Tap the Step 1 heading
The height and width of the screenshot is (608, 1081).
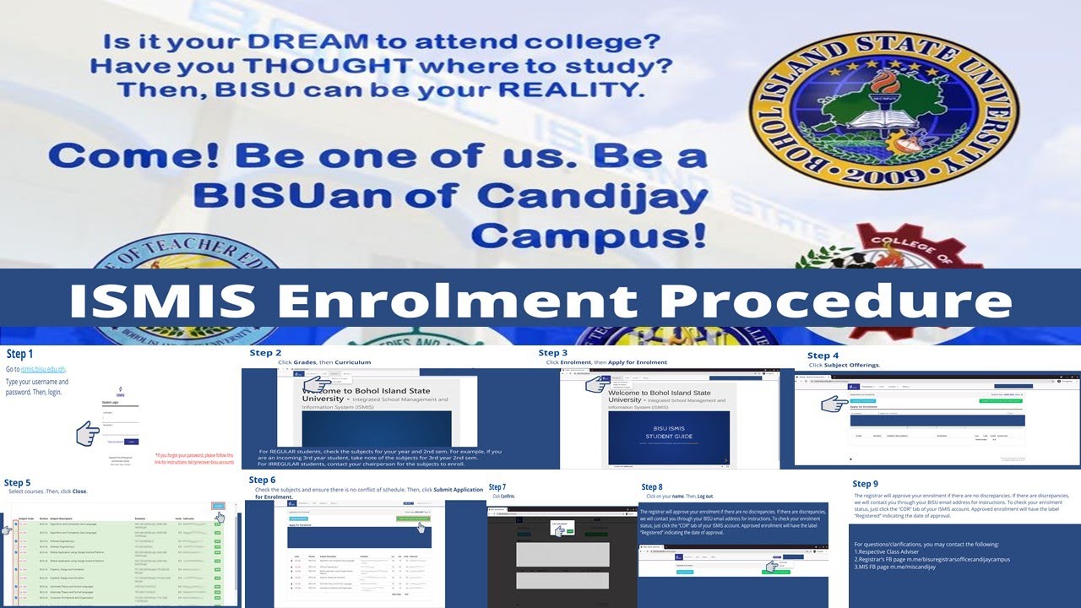(x=20, y=354)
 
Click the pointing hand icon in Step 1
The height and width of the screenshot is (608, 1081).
(x=88, y=434)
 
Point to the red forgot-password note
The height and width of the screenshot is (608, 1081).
(x=195, y=459)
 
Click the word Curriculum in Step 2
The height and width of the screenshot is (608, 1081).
(x=352, y=362)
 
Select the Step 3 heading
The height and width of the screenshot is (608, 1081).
(x=553, y=352)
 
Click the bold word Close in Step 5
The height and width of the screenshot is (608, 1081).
(x=79, y=491)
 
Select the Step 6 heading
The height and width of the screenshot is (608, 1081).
(x=263, y=480)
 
